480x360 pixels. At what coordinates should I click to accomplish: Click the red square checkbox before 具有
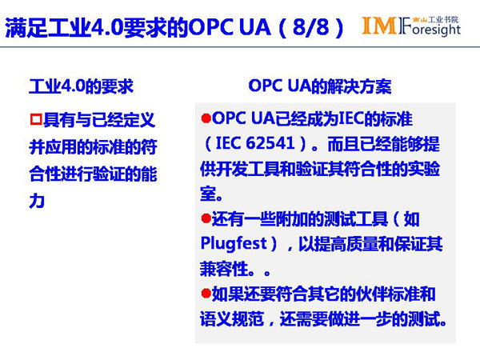click(x=36, y=119)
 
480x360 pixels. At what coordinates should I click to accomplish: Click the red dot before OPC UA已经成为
click(x=206, y=118)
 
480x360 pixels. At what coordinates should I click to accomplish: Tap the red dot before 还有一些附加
click(x=206, y=218)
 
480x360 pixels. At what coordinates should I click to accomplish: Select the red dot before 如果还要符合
click(x=206, y=294)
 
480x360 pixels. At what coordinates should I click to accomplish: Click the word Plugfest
click(x=234, y=244)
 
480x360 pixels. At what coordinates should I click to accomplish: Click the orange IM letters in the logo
click(x=379, y=26)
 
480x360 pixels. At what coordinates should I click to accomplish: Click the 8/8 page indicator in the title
click(x=310, y=27)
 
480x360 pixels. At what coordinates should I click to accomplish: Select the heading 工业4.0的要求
click(x=81, y=86)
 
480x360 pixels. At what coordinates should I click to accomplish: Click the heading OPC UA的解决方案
click(x=320, y=86)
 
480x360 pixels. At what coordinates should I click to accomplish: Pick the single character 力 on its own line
click(x=37, y=201)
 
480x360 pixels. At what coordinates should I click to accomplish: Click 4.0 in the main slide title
click(x=107, y=27)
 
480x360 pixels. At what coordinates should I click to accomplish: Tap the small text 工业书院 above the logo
click(x=443, y=19)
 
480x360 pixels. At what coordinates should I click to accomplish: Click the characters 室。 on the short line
click(x=211, y=194)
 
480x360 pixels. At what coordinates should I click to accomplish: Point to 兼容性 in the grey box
click(x=224, y=269)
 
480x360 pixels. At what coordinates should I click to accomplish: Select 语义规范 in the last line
click(x=232, y=318)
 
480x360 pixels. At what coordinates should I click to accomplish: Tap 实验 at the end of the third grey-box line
click(x=424, y=169)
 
